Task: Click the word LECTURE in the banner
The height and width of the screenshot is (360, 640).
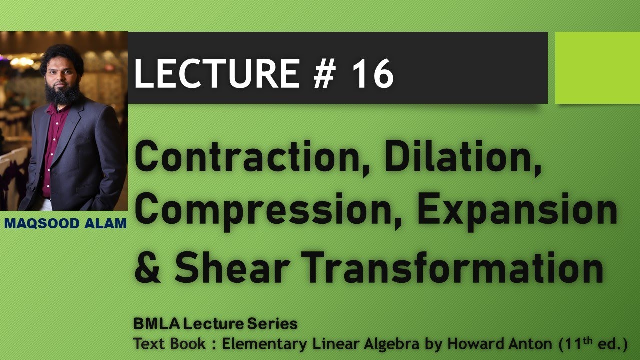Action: [x=216, y=74]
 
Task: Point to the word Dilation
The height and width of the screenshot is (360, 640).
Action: [x=462, y=158]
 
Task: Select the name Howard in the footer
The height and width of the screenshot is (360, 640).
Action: [x=467, y=344]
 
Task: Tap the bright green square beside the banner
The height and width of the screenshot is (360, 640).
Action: [x=597, y=68]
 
